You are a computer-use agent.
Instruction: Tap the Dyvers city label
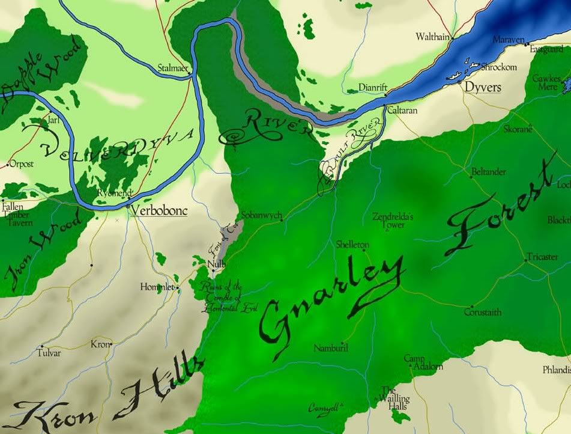click(483, 87)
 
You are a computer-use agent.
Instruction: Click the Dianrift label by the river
click(372, 87)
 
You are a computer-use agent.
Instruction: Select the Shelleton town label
click(352, 245)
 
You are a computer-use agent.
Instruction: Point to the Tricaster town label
click(542, 257)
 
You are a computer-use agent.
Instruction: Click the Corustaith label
click(483, 313)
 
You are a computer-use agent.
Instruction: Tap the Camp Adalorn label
click(423, 362)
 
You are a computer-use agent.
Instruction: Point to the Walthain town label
click(432, 37)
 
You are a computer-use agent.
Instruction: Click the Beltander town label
click(489, 172)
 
